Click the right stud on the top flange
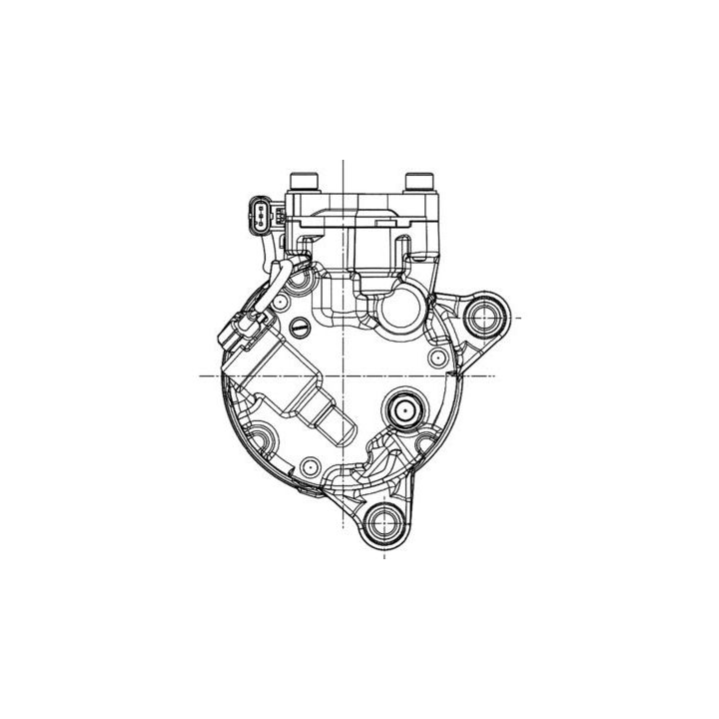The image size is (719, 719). point(417,182)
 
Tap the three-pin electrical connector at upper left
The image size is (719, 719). point(262,214)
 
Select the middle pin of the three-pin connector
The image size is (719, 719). point(260,213)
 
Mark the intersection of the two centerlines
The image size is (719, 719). point(343,375)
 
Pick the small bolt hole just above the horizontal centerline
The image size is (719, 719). point(433,357)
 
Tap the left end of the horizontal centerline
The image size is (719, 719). point(199,375)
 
